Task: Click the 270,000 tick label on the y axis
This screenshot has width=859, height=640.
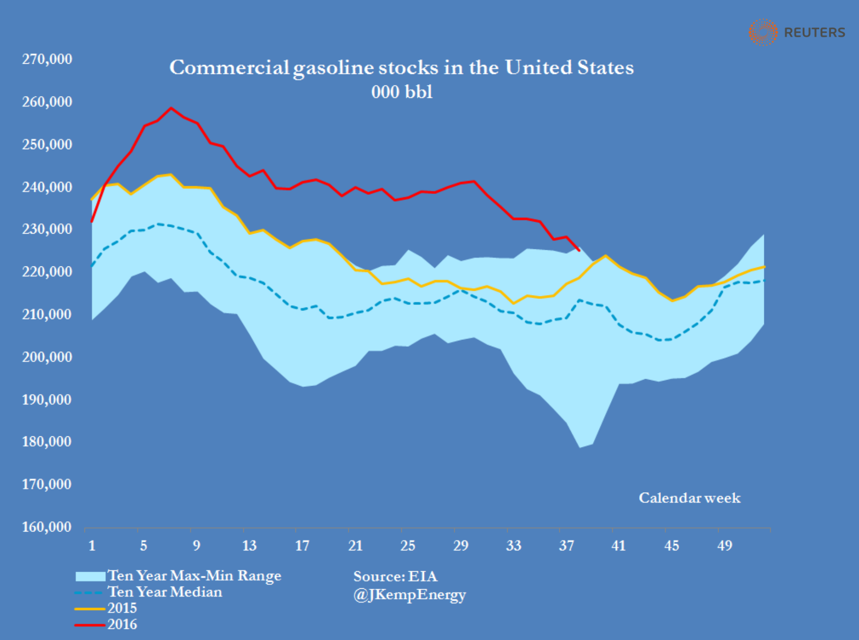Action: tap(47, 59)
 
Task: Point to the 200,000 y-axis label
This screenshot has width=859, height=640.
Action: tap(47, 356)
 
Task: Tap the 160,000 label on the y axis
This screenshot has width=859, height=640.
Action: tap(47, 526)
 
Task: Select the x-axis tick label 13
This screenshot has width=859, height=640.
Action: tap(249, 546)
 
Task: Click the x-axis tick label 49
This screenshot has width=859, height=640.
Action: tap(725, 546)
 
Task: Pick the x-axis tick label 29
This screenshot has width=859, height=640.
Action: tap(460, 546)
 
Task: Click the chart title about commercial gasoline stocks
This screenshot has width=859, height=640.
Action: tap(401, 67)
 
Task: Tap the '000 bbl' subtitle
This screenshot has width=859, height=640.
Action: tap(402, 92)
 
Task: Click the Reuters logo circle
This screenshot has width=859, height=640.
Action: tap(763, 32)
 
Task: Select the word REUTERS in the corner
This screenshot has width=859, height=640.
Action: tap(815, 32)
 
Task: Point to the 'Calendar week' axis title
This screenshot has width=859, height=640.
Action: tap(690, 498)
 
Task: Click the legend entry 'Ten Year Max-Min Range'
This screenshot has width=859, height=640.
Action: tap(194, 576)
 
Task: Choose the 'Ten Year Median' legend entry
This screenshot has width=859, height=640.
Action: tap(164, 592)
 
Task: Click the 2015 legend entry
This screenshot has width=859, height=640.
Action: tap(122, 608)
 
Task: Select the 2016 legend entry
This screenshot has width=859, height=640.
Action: tap(122, 624)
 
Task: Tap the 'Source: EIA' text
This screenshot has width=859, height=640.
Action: tap(395, 576)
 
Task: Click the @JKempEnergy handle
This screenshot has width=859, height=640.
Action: tap(410, 594)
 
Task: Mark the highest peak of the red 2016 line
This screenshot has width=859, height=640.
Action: tap(171, 108)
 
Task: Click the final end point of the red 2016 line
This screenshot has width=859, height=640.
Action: tap(579, 250)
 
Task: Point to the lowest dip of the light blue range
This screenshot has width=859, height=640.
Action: tap(580, 447)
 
